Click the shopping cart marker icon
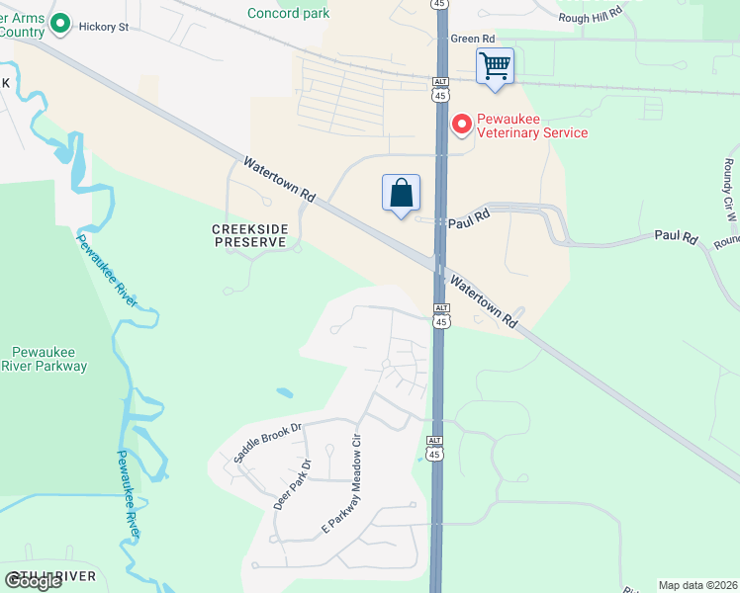pos(495,67)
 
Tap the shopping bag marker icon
pos(401,193)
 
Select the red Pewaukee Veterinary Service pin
pos(461,125)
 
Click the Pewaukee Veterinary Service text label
pos(532,126)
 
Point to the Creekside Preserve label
pos(250,235)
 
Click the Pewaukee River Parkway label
pos(49,359)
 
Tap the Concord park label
pos(289,13)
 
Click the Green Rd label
pos(471,39)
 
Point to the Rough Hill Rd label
pos(591,14)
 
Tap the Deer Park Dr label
pos(292,484)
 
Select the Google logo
pos(35,580)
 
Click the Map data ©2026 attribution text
pos(696,585)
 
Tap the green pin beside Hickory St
pos(59,22)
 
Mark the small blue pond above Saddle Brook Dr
pos(285,393)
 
